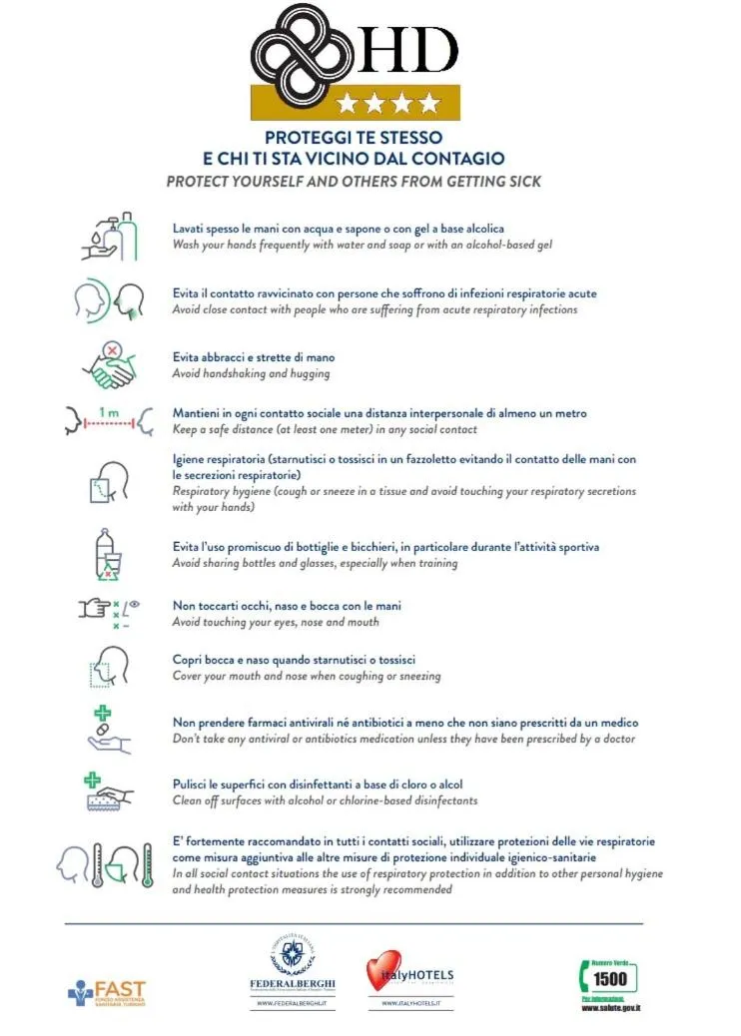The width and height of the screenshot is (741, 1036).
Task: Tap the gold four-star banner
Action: [355, 102]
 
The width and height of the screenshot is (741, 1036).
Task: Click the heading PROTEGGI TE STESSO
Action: [354, 137]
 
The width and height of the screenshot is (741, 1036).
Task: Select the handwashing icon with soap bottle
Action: [109, 237]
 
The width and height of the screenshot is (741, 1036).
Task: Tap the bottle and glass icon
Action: [107, 554]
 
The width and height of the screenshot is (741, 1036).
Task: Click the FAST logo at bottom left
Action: [107, 992]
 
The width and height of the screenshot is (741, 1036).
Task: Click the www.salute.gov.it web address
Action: [610, 1008]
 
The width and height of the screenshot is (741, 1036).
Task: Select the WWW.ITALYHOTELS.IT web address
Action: [409, 1004]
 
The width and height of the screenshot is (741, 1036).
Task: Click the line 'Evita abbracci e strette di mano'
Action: [254, 357]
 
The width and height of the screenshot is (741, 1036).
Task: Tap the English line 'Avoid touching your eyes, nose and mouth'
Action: [276, 622]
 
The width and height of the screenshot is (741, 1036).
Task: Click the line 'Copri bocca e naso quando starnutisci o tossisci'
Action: [308, 660]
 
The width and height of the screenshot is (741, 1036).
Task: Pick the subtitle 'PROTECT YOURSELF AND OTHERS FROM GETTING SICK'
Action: [354, 182]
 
